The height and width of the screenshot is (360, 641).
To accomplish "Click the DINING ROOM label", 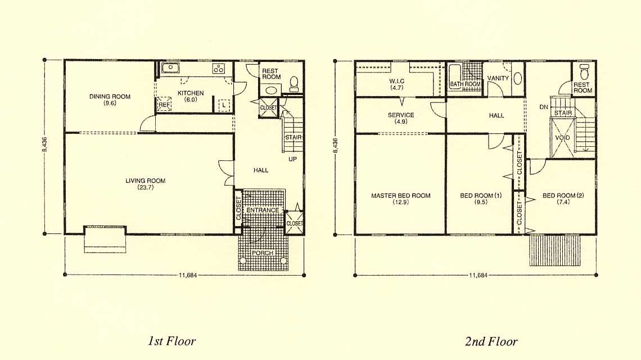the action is [x=110, y=97].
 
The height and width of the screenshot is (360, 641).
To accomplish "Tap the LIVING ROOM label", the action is [x=146, y=181].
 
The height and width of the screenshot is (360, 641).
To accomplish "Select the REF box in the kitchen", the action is [x=164, y=104].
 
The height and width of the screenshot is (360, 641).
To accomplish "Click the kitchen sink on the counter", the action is [x=170, y=67].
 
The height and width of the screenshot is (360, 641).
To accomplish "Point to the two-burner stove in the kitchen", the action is [x=219, y=68].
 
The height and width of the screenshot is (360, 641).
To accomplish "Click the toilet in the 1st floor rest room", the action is [x=294, y=83].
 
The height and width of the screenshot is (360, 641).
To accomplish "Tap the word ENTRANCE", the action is [x=263, y=210].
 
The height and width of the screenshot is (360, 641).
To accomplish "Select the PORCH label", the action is [x=263, y=253].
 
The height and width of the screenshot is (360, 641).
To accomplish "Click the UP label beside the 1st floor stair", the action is [x=293, y=159].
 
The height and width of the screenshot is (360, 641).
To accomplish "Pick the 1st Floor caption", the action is [x=171, y=341].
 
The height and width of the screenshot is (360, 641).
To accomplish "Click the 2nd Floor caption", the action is [x=491, y=341].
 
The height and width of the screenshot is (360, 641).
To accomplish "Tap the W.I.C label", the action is [x=397, y=82].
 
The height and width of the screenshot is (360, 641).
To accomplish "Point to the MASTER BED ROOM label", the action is [x=400, y=196].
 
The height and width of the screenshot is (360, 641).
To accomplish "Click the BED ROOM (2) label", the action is [x=563, y=196].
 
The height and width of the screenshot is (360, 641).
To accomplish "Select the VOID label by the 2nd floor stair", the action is [x=562, y=138].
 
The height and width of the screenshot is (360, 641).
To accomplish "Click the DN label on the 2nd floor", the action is [x=544, y=107].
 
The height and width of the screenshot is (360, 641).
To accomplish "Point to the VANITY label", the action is [x=498, y=78].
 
